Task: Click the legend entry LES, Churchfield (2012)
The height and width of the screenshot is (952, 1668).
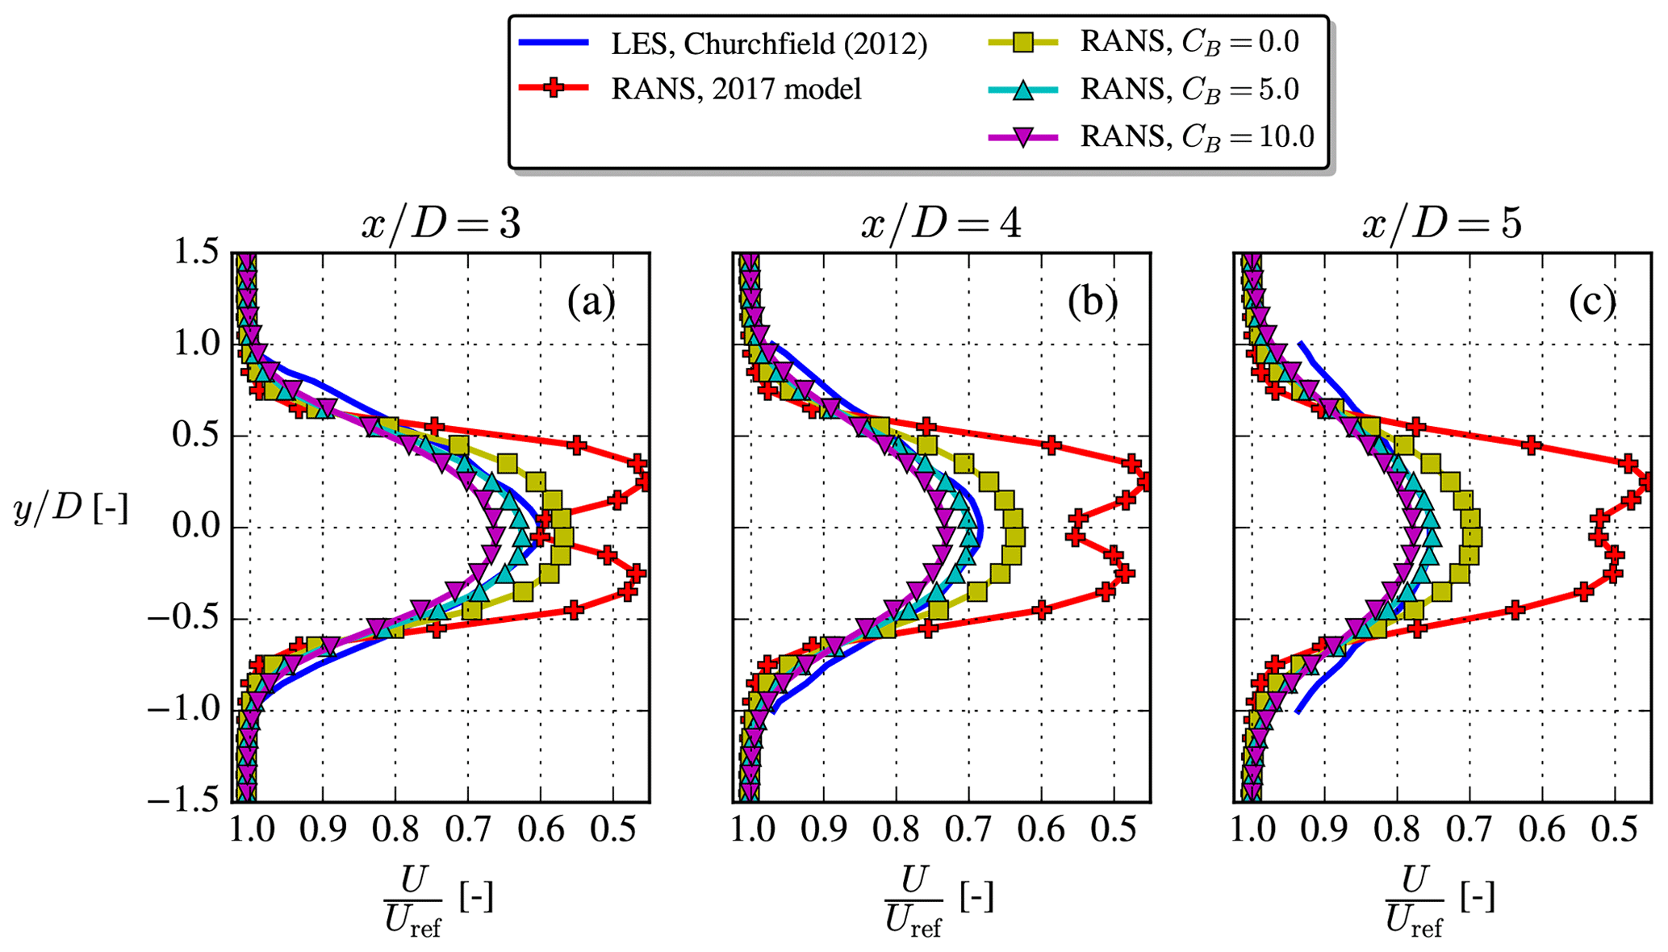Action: (x=768, y=44)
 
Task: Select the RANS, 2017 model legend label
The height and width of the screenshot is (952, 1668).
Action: (x=736, y=88)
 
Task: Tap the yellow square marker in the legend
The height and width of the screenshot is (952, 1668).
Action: (x=1023, y=42)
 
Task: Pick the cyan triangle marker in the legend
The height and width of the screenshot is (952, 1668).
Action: (x=1023, y=90)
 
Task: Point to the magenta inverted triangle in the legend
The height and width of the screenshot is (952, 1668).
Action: (x=1023, y=137)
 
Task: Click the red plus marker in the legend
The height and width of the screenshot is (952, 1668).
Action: (x=554, y=88)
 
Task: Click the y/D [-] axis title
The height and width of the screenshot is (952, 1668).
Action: (x=71, y=510)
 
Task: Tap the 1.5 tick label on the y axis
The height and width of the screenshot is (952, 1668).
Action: (x=196, y=253)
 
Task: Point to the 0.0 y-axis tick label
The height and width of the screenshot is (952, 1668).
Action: (x=196, y=528)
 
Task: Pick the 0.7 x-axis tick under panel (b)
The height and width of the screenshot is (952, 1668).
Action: (x=968, y=829)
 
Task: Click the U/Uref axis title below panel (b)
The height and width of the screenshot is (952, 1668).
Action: (x=939, y=901)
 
